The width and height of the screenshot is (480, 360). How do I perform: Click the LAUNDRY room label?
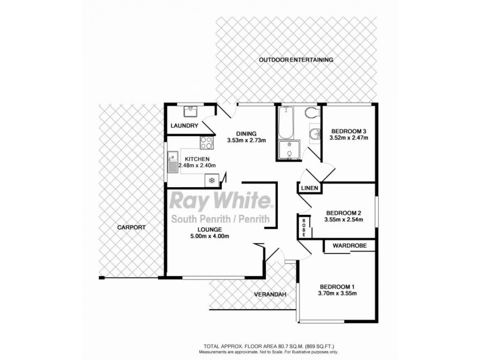pyautogui.click(x=184, y=126)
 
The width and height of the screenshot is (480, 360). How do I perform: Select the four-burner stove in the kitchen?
pyautogui.click(x=206, y=143)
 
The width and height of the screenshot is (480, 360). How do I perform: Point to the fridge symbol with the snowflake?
pyautogui.click(x=211, y=179)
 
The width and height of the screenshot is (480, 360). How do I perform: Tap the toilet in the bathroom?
pyautogui.click(x=310, y=113)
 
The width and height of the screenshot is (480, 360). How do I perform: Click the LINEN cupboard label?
pyautogui.click(x=308, y=188)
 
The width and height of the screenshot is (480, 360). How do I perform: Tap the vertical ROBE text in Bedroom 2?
pyautogui.click(x=304, y=227)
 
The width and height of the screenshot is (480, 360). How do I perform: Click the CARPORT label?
pyautogui.click(x=131, y=228)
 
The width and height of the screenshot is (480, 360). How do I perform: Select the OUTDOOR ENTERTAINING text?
pyautogui.click(x=296, y=60)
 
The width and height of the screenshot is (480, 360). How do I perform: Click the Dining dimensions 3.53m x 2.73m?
pyautogui.click(x=246, y=141)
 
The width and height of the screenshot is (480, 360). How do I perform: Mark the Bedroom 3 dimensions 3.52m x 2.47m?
pyautogui.click(x=348, y=138)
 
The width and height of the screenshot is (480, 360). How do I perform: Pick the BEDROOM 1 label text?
pyautogui.click(x=337, y=285)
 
